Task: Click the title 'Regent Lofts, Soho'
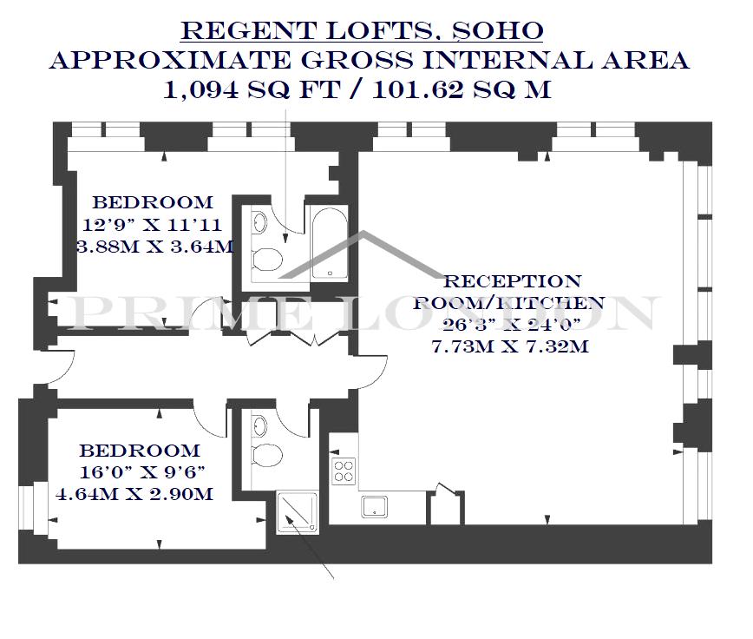[362, 31]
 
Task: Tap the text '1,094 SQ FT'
[252, 89]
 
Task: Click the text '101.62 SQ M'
[462, 89]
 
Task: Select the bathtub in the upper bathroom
[329, 243]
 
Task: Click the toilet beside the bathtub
[267, 260]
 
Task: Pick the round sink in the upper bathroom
[259, 221]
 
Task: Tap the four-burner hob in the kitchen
[344, 471]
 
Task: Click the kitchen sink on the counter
[375, 507]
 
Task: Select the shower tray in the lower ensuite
[298, 511]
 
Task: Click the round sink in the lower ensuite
[259, 425]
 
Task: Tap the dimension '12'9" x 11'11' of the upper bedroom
[152, 224]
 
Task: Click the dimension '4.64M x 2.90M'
[135, 494]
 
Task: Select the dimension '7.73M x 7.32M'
[510, 346]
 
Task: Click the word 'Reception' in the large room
[513, 281]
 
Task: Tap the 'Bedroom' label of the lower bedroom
[140, 451]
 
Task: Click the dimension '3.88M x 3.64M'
[155, 247]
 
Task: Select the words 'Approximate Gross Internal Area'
[370, 61]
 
